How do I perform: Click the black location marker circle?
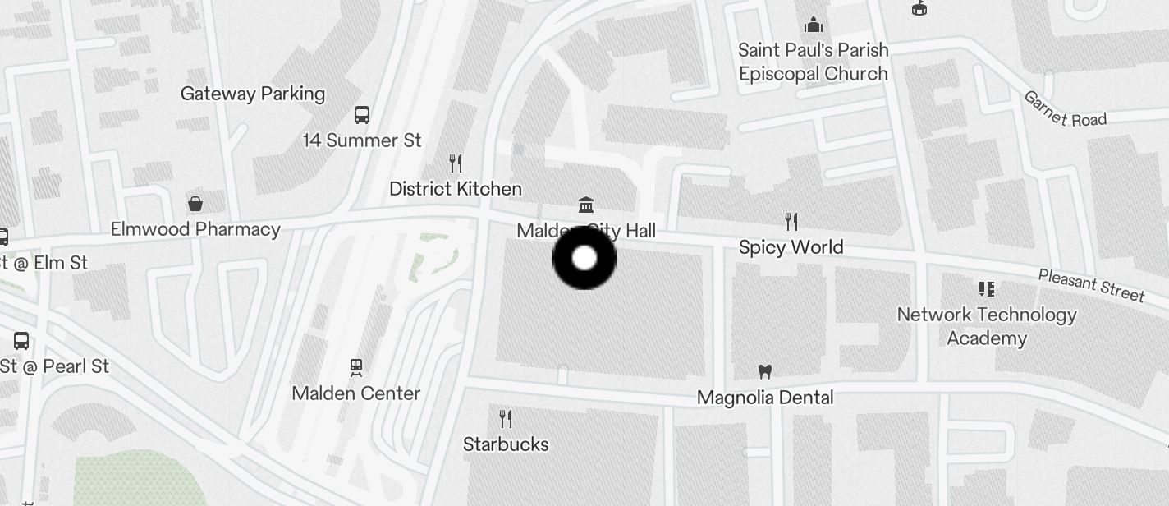click(x=584, y=258)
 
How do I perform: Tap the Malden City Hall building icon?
click(x=586, y=205)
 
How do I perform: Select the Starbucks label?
click(x=506, y=444)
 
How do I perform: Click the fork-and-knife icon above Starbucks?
click(x=506, y=419)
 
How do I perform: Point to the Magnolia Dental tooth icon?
click(x=765, y=372)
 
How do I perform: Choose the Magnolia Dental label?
click(x=765, y=398)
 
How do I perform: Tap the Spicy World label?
click(x=791, y=247)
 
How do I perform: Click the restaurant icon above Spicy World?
click(x=791, y=221)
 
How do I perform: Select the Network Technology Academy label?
click(x=987, y=326)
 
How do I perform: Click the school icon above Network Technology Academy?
click(x=987, y=288)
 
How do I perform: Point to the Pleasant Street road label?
click(x=1091, y=285)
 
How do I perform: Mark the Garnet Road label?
click(x=1065, y=109)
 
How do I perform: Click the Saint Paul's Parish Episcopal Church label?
click(x=814, y=62)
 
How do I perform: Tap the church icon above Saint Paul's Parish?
click(x=814, y=25)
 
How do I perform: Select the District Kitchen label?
click(x=456, y=189)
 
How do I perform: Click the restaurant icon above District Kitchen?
click(x=456, y=163)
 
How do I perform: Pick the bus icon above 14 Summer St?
click(x=362, y=114)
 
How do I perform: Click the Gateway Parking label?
click(x=253, y=94)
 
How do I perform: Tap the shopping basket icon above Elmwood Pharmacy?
click(x=195, y=203)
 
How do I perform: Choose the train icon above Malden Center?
click(x=356, y=366)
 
